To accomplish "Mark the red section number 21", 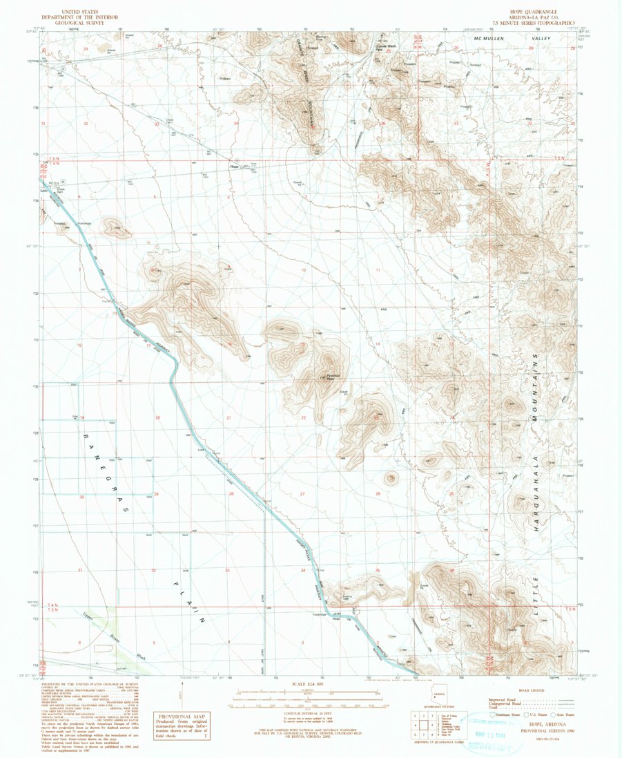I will [x=229, y=418].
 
